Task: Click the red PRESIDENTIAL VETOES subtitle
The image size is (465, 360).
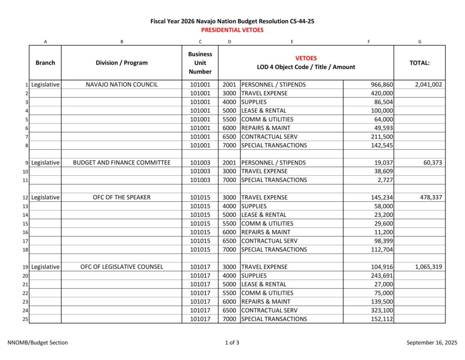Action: (x=232, y=30)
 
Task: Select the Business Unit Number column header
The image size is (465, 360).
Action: (x=200, y=63)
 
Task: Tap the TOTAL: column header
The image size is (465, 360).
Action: (x=419, y=63)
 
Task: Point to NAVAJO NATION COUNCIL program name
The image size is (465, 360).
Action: (x=122, y=85)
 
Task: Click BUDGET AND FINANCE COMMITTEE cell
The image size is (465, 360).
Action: (x=122, y=163)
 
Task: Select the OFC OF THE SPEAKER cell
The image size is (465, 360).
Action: (x=122, y=197)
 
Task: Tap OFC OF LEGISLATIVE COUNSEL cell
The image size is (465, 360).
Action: (x=122, y=267)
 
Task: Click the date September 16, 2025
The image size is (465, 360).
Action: (x=432, y=343)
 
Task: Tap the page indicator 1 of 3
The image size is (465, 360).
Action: (x=232, y=343)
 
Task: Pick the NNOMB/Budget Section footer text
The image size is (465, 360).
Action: (x=38, y=343)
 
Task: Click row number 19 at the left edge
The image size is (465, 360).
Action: (x=26, y=267)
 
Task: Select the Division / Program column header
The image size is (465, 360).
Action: (x=122, y=63)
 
